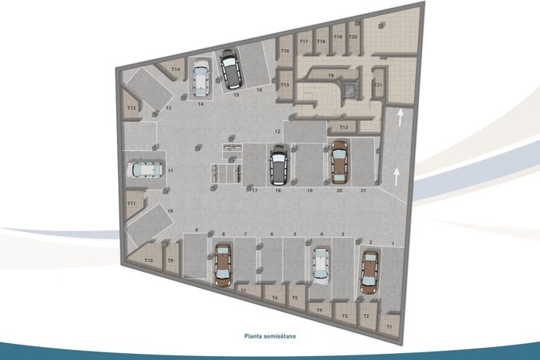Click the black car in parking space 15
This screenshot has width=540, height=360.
tap(229, 70)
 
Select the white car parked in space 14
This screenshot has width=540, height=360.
tap(201, 79)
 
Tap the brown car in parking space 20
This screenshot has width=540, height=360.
tap(339, 162)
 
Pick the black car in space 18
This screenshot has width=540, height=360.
tap(279, 166)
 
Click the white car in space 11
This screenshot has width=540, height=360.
tap(145, 169)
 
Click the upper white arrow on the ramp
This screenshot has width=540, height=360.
tap(399, 119)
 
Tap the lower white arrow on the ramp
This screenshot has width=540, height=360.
tap(396, 176)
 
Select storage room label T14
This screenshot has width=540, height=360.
tap(175, 70)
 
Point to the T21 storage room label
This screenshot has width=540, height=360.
tap(378, 85)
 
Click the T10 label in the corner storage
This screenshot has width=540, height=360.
tap(149, 261)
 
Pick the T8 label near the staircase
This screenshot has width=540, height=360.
tap(331, 75)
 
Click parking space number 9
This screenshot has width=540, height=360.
tap(197, 231)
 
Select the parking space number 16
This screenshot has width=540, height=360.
tap(259, 90)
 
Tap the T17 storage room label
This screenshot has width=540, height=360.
tap(304, 41)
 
